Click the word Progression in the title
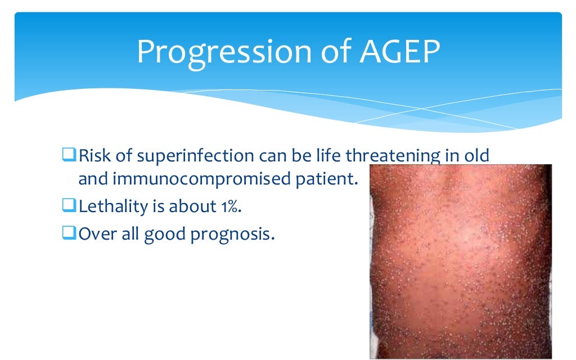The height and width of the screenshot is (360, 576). point(224,53)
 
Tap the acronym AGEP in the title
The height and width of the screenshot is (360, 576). point(400,51)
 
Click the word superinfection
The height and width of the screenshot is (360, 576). point(195,156)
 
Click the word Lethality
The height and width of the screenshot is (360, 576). point(112,206)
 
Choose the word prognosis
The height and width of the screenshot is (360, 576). point(232,234)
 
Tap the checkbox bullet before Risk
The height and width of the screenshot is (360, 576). point(69,155)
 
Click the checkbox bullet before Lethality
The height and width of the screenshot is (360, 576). point(69,205)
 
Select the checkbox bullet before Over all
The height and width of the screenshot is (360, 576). point(69,232)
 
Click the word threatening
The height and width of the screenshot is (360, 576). point(393,156)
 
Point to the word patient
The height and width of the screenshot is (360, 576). point(327,179)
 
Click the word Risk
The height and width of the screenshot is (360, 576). point(94,155)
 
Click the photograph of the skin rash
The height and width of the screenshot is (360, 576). point(461,262)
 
